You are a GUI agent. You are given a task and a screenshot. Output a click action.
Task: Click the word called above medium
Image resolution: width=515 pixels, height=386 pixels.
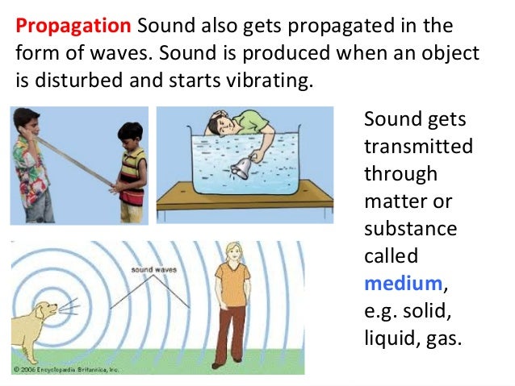coord(391,255)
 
